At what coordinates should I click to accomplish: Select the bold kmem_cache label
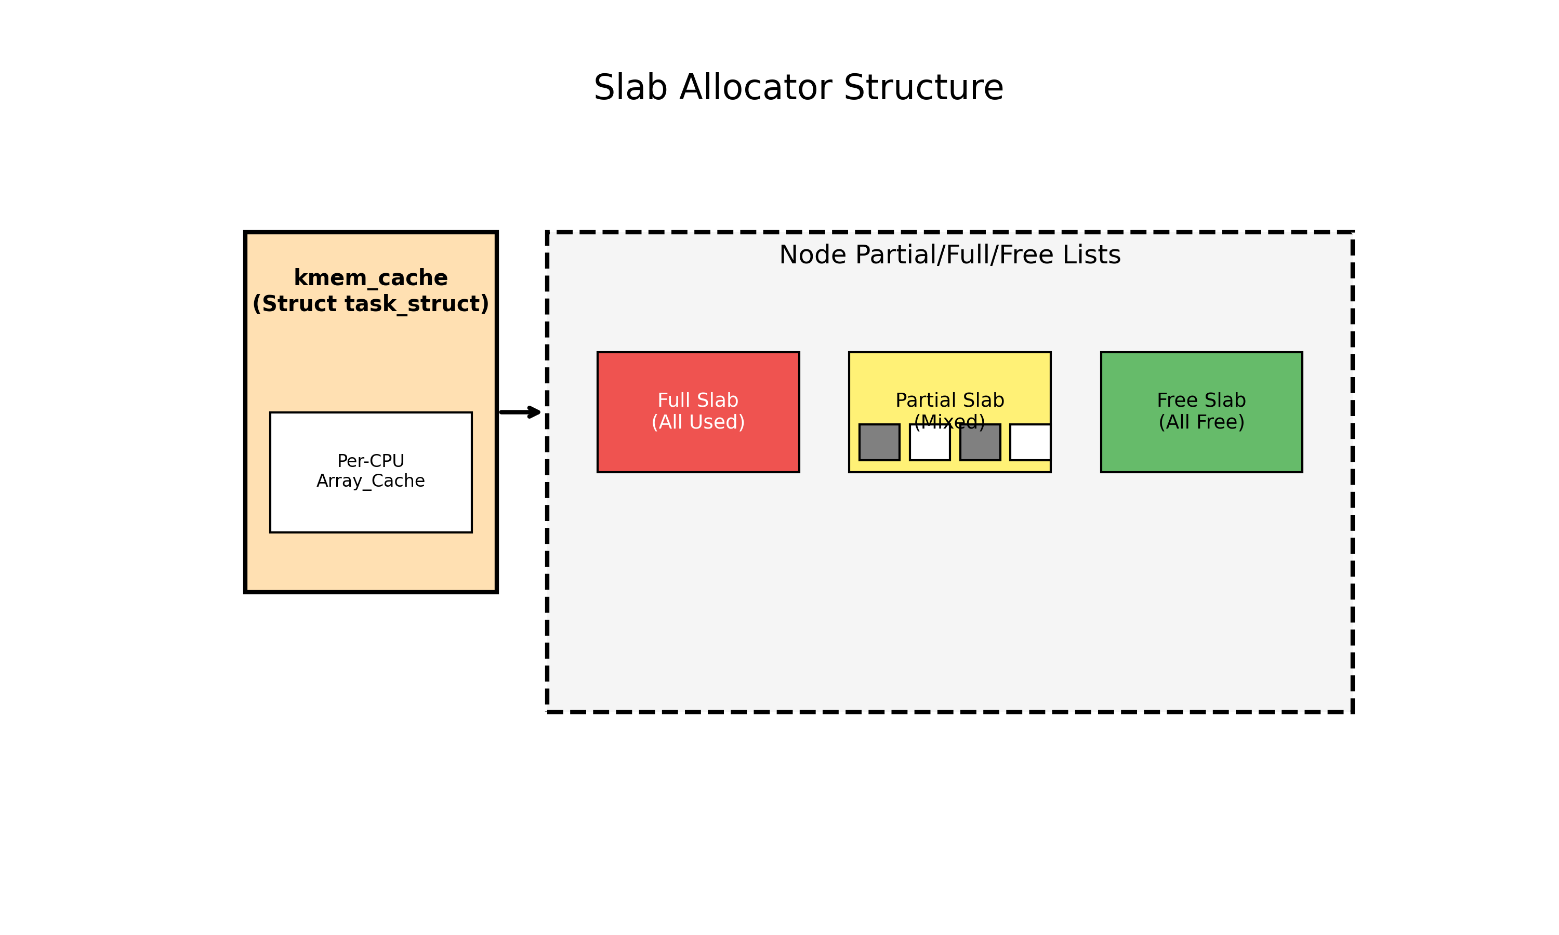[x=371, y=278]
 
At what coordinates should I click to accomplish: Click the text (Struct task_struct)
[x=371, y=304]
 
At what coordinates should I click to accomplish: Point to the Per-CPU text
[x=371, y=461]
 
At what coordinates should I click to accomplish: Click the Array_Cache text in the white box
[x=371, y=482]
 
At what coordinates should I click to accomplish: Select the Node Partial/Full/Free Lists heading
[x=949, y=255]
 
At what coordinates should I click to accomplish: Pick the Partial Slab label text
[x=949, y=400]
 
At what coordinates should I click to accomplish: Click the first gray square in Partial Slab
[x=879, y=442]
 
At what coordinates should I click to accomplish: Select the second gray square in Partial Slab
[x=980, y=442]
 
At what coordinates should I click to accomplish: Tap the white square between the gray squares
[x=930, y=445]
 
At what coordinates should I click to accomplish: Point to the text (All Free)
[x=1201, y=422]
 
